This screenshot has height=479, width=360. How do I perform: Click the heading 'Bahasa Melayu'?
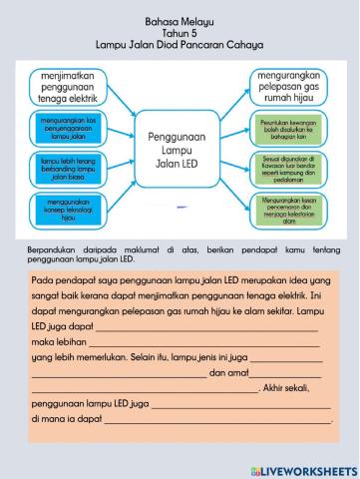point(180,19)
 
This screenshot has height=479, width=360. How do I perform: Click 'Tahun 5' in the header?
point(180,32)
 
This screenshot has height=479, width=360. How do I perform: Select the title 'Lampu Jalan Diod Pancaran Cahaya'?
point(180,45)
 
